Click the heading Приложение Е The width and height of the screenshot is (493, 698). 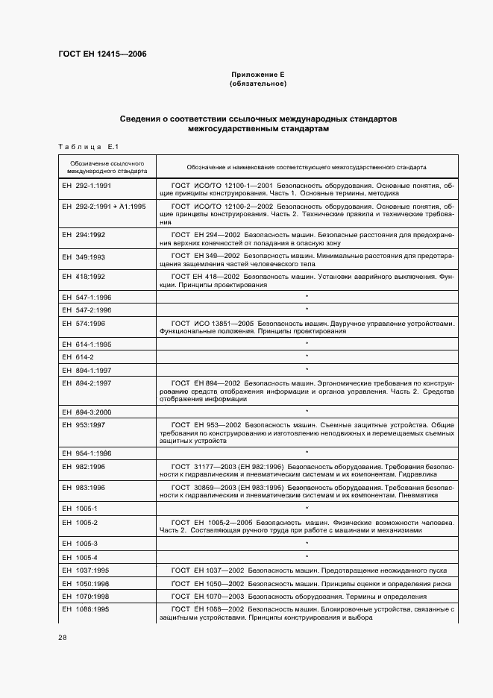(258, 75)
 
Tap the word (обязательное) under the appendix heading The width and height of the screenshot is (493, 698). (258, 84)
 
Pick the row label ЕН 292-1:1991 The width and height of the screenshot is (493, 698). (87, 185)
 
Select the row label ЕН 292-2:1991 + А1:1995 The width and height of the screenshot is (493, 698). (104, 205)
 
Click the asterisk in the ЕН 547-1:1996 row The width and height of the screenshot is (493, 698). (307, 297)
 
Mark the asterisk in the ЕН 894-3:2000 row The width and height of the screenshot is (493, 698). (307, 411)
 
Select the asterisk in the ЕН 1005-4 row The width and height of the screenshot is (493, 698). (307, 556)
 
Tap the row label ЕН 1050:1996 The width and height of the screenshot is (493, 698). (87, 583)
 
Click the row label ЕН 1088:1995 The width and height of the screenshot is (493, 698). (87, 609)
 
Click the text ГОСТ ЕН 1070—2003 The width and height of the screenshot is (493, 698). (207, 597)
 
